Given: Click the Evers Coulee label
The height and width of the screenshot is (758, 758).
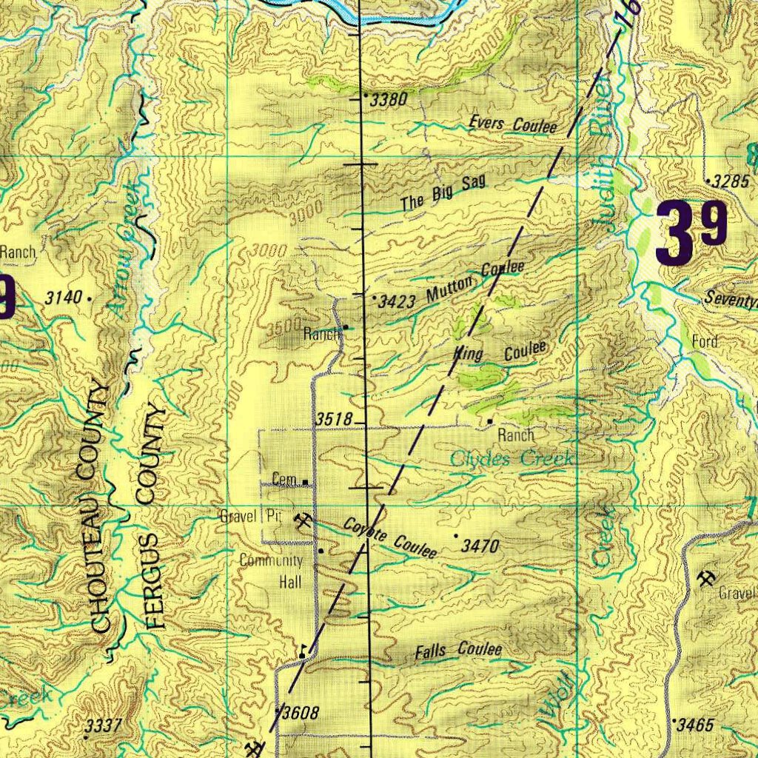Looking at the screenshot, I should (x=512, y=124).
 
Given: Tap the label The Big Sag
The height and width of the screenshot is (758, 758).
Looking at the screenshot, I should (x=444, y=195).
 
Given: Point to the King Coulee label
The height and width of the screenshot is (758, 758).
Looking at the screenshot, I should (x=501, y=352).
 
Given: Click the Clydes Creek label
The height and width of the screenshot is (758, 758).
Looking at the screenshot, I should (x=512, y=459).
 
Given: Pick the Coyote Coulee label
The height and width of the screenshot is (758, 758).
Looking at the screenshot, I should (x=389, y=538).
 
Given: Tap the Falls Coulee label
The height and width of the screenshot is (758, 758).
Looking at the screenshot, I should (x=458, y=651).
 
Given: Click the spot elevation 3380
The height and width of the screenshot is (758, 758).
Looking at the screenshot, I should (x=388, y=100).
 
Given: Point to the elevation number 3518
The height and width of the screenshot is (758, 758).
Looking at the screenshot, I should (x=333, y=420).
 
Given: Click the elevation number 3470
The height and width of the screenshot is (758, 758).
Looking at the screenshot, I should (x=480, y=547).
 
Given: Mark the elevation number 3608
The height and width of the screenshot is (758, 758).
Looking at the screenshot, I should (x=301, y=714).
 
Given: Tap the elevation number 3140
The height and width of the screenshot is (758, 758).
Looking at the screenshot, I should (x=62, y=298).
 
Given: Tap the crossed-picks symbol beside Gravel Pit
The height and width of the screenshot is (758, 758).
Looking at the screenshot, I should (x=303, y=522).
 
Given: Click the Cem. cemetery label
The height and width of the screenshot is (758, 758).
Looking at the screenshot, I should (x=284, y=480).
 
